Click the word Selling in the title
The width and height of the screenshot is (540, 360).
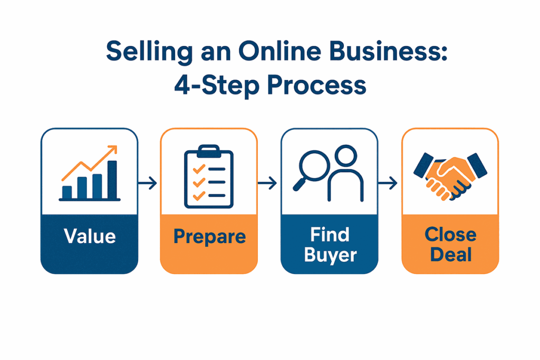coord(149,52)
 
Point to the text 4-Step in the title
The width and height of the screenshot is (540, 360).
coord(216,85)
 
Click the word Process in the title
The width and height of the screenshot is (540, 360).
coord(316,85)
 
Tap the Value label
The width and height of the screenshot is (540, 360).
coord(90,236)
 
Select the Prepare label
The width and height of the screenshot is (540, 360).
coord(209,237)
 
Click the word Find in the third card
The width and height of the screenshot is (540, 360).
coord(330,235)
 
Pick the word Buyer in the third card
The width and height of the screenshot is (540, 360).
coord(330,255)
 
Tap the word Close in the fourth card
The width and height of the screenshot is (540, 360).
coord(450,235)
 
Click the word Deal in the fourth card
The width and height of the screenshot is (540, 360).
coord(451,255)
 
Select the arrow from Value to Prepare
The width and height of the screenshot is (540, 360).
coord(148,183)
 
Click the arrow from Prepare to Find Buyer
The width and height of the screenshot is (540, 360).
coord(267,183)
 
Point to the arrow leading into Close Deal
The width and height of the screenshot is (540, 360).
coord(388,183)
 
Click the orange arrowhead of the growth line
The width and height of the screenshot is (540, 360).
coord(113,150)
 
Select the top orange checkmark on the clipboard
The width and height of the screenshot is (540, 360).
coord(199,169)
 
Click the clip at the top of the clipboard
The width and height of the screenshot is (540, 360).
coord(209,151)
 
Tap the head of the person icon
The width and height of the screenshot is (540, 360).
coord(345,155)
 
